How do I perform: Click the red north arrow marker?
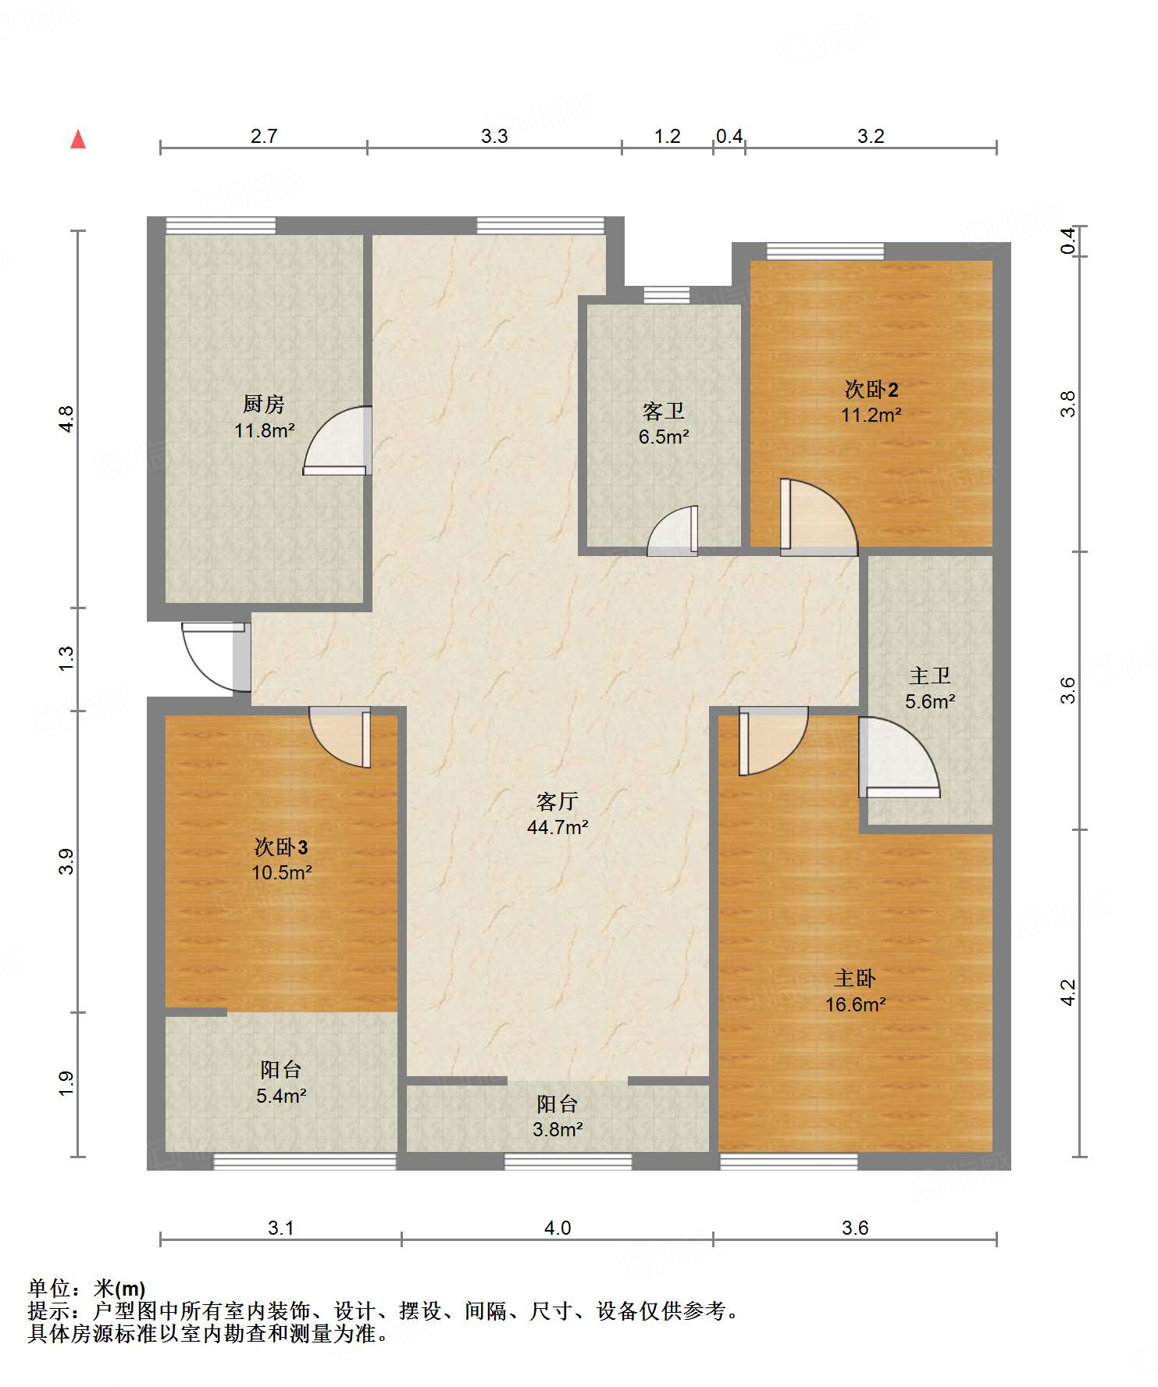(78, 139)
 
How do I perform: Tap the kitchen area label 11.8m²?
(265, 430)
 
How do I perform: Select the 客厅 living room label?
(558, 801)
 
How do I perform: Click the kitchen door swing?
(337, 440)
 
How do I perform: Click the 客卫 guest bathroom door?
(672, 531)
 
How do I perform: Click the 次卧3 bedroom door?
(340, 737)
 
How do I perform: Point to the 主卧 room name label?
(855, 979)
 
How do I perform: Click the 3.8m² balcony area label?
(558, 1129)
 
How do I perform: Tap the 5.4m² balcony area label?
(281, 1096)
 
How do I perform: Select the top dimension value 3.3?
(494, 137)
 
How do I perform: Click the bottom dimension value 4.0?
(558, 1228)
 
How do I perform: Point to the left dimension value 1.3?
(66, 658)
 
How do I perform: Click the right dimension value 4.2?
(1067, 993)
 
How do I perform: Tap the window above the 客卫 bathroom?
(667, 295)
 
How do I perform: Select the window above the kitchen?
(221, 225)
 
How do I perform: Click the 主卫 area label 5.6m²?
(931, 701)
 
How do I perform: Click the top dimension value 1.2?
(668, 137)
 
